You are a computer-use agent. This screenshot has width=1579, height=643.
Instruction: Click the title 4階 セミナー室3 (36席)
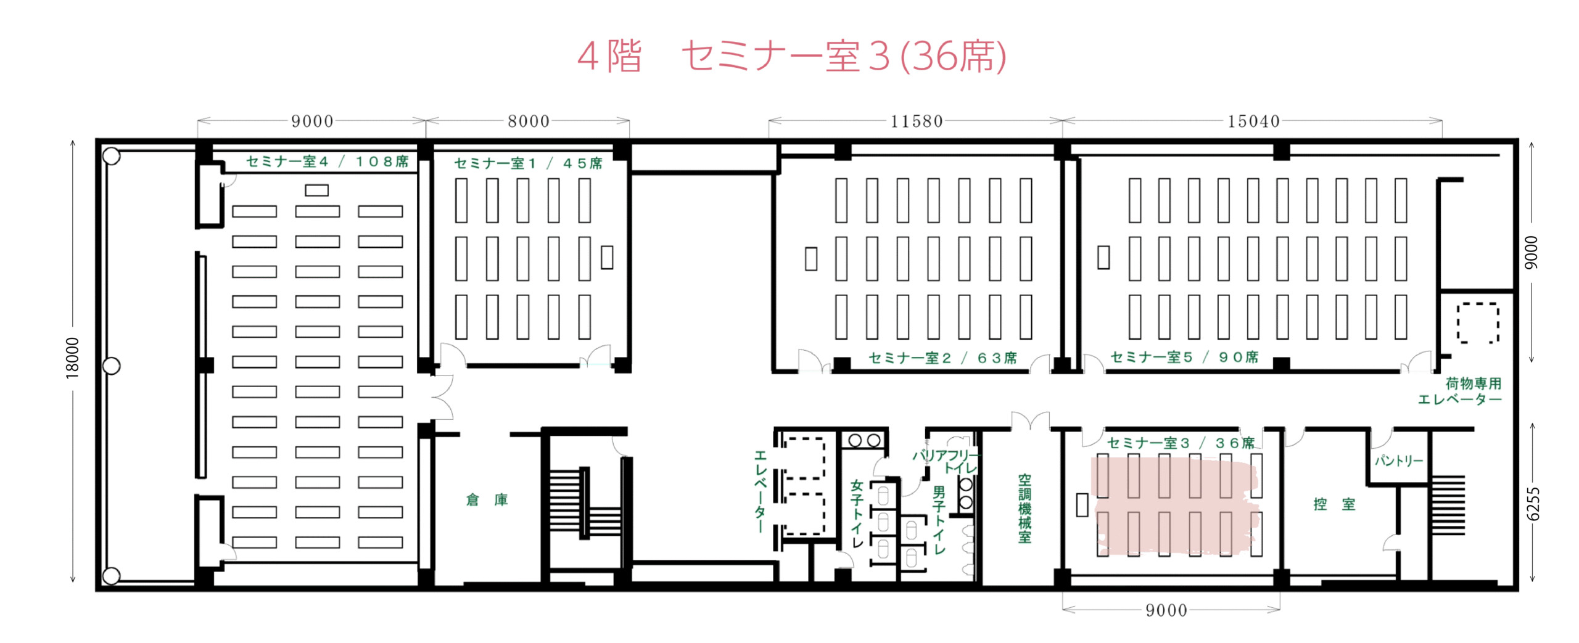(x=791, y=56)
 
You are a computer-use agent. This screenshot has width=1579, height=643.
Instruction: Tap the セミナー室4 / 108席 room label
(x=327, y=162)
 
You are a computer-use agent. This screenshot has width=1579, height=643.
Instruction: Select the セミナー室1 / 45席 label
(x=528, y=163)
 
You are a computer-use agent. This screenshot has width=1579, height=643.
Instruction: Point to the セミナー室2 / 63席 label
(x=942, y=358)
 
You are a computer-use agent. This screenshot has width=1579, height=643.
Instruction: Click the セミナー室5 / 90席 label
(x=1184, y=358)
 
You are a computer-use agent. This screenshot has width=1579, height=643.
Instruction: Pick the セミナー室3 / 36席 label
(x=1181, y=443)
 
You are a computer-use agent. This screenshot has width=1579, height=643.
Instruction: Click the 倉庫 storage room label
(x=487, y=500)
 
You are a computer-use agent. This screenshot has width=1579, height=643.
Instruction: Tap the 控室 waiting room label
(x=1334, y=504)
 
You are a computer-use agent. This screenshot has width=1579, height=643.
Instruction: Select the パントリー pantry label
(x=1398, y=461)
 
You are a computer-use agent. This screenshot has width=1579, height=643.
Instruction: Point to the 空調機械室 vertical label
(x=1024, y=509)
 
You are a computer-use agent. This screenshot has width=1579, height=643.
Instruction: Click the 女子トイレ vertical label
(x=857, y=514)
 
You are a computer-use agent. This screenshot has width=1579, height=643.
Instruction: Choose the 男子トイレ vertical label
(x=939, y=520)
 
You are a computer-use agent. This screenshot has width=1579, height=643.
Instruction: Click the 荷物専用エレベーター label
(x=1459, y=391)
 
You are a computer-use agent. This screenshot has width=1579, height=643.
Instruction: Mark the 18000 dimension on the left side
(x=73, y=358)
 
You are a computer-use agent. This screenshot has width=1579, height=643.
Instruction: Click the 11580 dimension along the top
(x=917, y=121)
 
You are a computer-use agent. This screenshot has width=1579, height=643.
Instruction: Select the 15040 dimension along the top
(x=1253, y=121)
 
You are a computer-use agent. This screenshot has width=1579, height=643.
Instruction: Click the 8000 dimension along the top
(x=529, y=121)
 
